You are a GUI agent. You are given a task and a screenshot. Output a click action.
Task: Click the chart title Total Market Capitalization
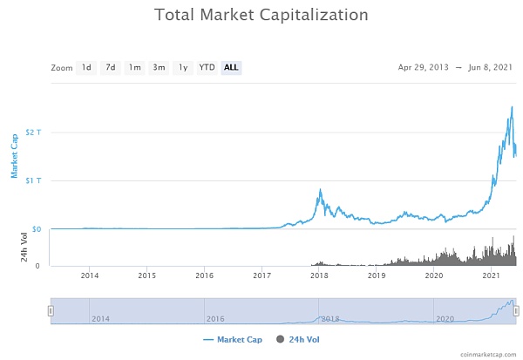(261, 16)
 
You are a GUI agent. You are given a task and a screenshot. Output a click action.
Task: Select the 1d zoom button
(86, 67)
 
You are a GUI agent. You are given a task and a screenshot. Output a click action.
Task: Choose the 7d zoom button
(111, 67)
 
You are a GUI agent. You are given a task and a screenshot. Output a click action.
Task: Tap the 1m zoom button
(134, 67)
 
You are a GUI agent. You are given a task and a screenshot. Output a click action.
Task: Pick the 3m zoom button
(159, 67)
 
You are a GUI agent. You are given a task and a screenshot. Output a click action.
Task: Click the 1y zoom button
(182, 67)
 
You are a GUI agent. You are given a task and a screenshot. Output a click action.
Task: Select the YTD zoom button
(207, 67)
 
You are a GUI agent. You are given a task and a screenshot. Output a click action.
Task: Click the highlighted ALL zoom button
(231, 67)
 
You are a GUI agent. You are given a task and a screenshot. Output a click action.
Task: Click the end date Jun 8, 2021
(492, 67)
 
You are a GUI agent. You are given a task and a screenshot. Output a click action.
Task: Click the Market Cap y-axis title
(15, 155)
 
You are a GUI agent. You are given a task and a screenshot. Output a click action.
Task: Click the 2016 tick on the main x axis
(204, 276)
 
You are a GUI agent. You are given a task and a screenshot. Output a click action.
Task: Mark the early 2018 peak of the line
(321, 189)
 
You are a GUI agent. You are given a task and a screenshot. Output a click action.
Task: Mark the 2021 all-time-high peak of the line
(512, 106)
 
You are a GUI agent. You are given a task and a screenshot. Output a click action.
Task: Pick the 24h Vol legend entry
(302, 339)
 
